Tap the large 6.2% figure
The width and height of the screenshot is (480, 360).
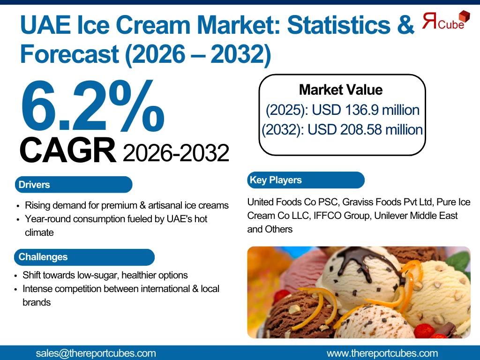click(x=92, y=106)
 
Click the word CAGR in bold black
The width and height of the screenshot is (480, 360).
click(x=67, y=150)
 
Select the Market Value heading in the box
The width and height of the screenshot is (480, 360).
click(x=341, y=90)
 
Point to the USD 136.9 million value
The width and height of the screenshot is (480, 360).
click(x=366, y=110)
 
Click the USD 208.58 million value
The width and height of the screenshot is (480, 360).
click(x=365, y=130)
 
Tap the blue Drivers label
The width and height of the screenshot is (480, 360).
click(x=74, y=185)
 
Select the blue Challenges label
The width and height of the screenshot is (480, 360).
click(x=84, y=257)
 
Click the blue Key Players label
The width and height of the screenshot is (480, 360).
click(x=306, y=180)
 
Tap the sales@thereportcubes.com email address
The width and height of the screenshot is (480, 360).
click(x=96, y=353)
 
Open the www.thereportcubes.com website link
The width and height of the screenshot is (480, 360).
click(x=382, y=353)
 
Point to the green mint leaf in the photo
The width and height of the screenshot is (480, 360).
click(x=459, y=261)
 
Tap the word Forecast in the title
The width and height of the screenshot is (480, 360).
click(x=69, y=53)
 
